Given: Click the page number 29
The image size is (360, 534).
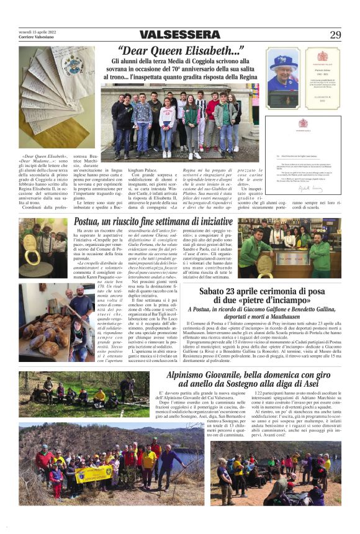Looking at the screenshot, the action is point(335,35).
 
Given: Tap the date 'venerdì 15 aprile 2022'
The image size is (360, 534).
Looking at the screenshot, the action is point(37,31).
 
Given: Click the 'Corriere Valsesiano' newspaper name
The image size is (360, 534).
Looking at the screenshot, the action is point(37,37).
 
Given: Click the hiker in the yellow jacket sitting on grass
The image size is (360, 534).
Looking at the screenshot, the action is point(100,395).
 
